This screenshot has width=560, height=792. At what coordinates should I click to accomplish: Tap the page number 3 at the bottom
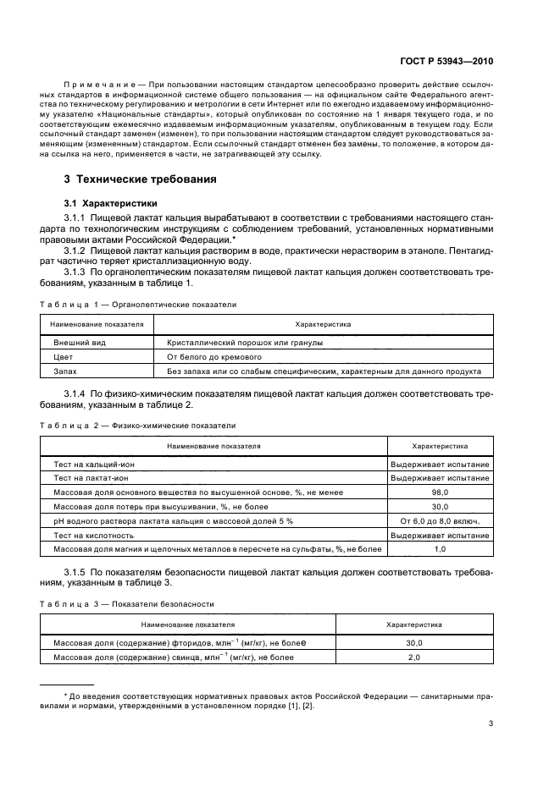492,723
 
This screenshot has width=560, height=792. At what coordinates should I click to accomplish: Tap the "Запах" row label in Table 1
65,371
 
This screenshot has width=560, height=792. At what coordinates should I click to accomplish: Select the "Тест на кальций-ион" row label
93,464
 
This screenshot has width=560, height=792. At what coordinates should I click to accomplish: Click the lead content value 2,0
414,657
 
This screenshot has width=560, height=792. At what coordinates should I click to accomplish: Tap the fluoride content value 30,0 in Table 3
414,643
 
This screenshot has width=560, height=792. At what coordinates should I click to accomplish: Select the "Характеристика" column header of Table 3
414,624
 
